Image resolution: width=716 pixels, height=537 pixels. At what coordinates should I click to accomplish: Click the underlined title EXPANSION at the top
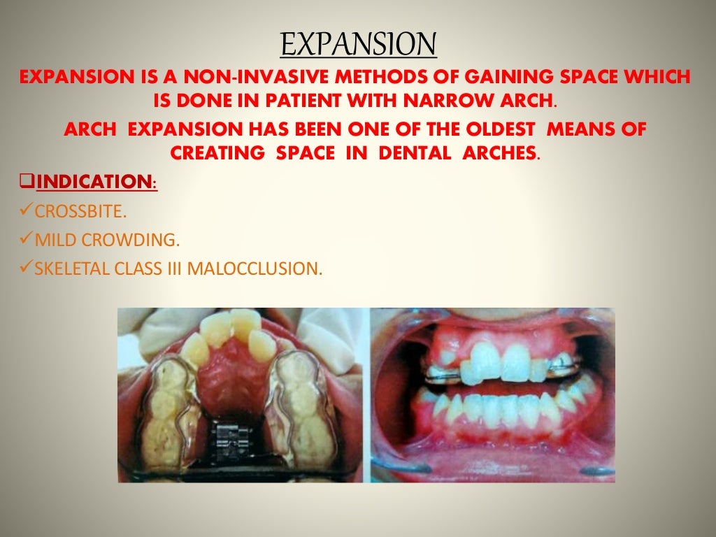pos(358,45)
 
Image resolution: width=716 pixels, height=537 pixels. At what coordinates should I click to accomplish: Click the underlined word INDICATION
pos(94,182)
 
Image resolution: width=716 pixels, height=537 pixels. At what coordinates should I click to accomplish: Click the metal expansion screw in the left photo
pos(237,437)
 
